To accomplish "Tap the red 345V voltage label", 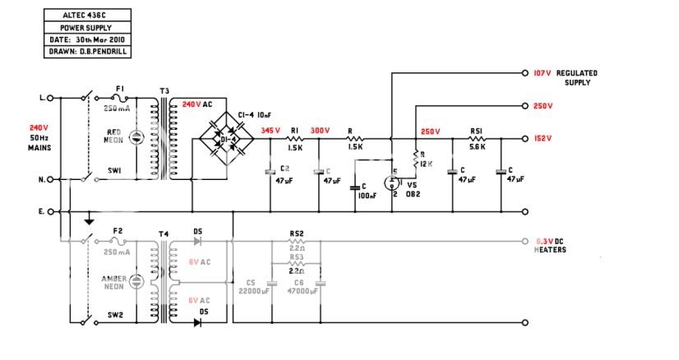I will coord(270,131).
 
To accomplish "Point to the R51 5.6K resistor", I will coord(476,139).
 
